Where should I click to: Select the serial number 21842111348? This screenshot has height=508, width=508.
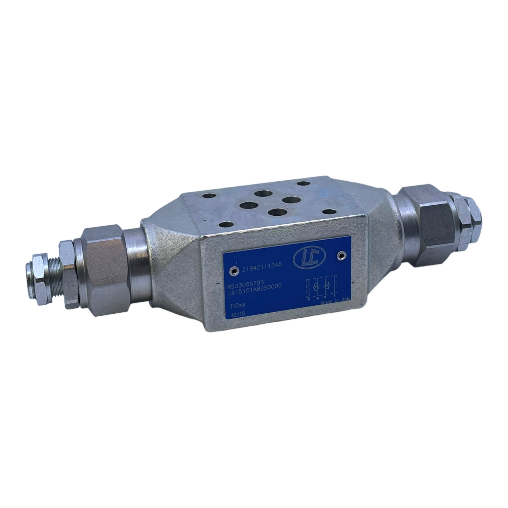(x=262, y=265)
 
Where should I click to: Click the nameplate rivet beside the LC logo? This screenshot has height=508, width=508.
(x=342, y=255)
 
